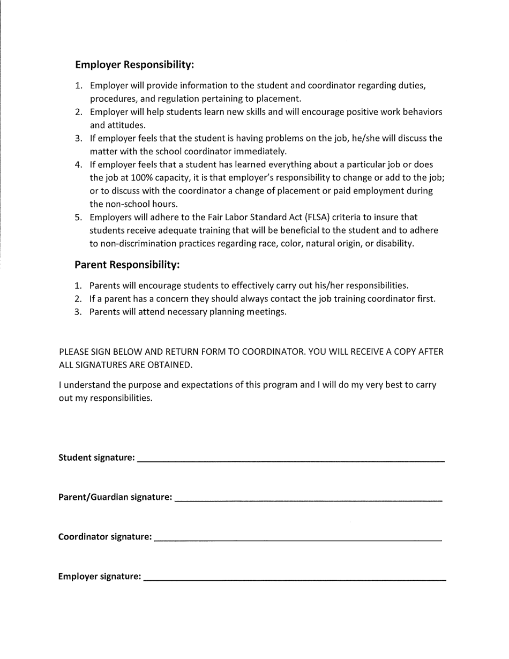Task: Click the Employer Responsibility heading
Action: pyautogui.click(x=134, y=65)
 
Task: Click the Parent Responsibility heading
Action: pyautogui.click(x=126, y=265)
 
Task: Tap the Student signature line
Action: pyautogui.click(x=290, y=460)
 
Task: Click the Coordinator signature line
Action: pyautogui.click(x=298, y=539)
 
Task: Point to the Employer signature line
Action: pyautogui.click(x=295, y=579)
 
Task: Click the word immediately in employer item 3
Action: pyautogui.click(x=261, y=152)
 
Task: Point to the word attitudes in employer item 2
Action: pyautogui.click(x=110, y=125)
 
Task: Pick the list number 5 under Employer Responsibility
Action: pyautogui.click(x=78, y=218)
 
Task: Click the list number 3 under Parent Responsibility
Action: pyautogui.click(x=78, y=312)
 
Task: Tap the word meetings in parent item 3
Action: pyautogui.click(x=266, y=312)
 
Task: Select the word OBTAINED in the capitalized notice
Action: pyautogui.click(x=171, y=365)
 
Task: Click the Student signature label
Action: pyautogui.click(x=96, y=458)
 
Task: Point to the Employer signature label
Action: pyautogui.click(x=100, y=577)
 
